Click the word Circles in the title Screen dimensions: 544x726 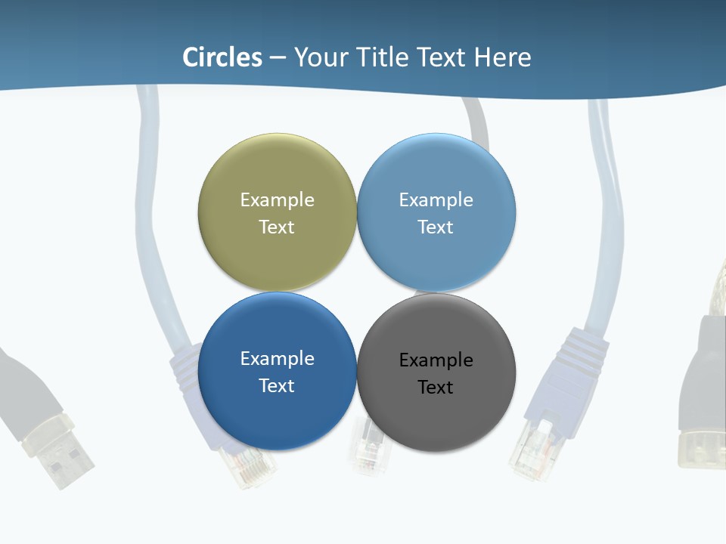(x=222, y=57)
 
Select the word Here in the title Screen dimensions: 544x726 (x=503, y=57)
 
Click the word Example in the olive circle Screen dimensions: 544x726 (x=277, y=200)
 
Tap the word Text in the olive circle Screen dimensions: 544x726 (x=277, y=227)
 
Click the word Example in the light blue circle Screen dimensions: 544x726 (x=436, y=200)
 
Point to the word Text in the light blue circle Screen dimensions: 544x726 (x=436, y=227)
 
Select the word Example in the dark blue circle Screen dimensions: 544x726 (x=277, y=359)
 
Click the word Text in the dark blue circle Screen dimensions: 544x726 (x=277, y=386)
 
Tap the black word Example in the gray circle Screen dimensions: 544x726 (x=436, y=360)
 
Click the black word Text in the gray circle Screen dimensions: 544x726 (x=436, y=388)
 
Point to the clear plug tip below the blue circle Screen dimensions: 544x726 (x=250, y=465)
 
